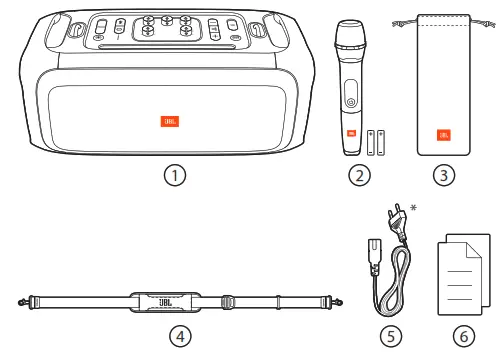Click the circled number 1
175,175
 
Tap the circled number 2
359,175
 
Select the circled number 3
444,175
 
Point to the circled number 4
180,336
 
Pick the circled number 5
391,336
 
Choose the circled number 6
464,336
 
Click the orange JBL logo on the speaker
170,121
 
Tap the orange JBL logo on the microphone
351,133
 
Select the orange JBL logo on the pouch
444,135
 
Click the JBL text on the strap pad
165,303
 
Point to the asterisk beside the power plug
413,208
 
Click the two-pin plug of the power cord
397,219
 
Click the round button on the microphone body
351,102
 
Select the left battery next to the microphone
371,143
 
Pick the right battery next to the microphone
381,143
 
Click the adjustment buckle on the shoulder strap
227,302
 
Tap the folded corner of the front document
474,250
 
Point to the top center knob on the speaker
166,21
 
